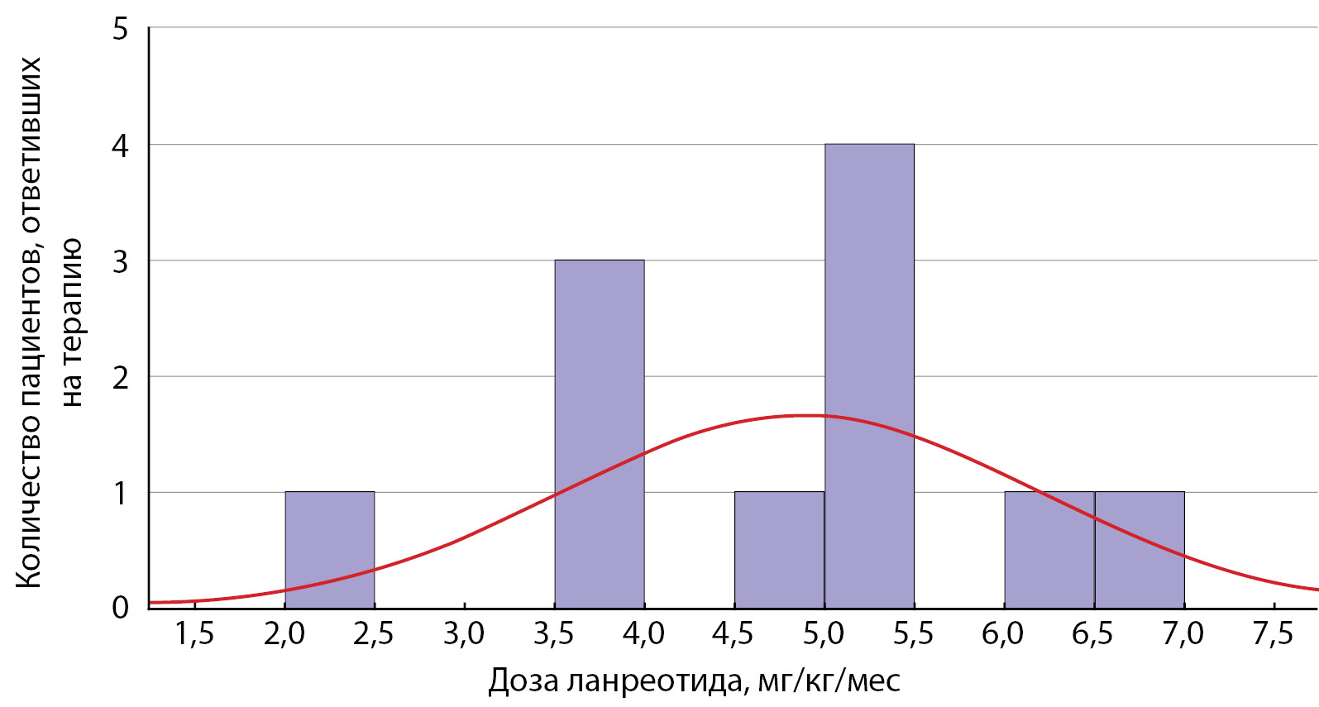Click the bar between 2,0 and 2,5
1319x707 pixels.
point(330,550)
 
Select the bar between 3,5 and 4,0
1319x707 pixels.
point(600,434)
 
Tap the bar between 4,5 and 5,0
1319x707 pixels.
point(779,550)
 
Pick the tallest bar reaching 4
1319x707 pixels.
point(869,376)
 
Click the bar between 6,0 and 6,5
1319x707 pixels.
point(1049,550)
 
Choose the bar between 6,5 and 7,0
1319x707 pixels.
point(1140,550)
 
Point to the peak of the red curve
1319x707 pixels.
point(806,415)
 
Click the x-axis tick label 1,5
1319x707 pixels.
point(194,634)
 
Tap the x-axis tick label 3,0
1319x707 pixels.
point(464,634)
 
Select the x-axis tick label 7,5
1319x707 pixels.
point(1273,634)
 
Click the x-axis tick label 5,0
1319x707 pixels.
point(824,634)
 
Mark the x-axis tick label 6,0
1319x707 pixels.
point(1003,634)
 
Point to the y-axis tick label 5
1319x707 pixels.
point(121,30)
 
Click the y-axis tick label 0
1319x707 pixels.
point(121,608)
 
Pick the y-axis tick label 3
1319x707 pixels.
point(121,261)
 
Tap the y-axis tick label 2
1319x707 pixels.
point(121,377)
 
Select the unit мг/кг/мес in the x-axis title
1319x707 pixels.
point(829,681)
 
